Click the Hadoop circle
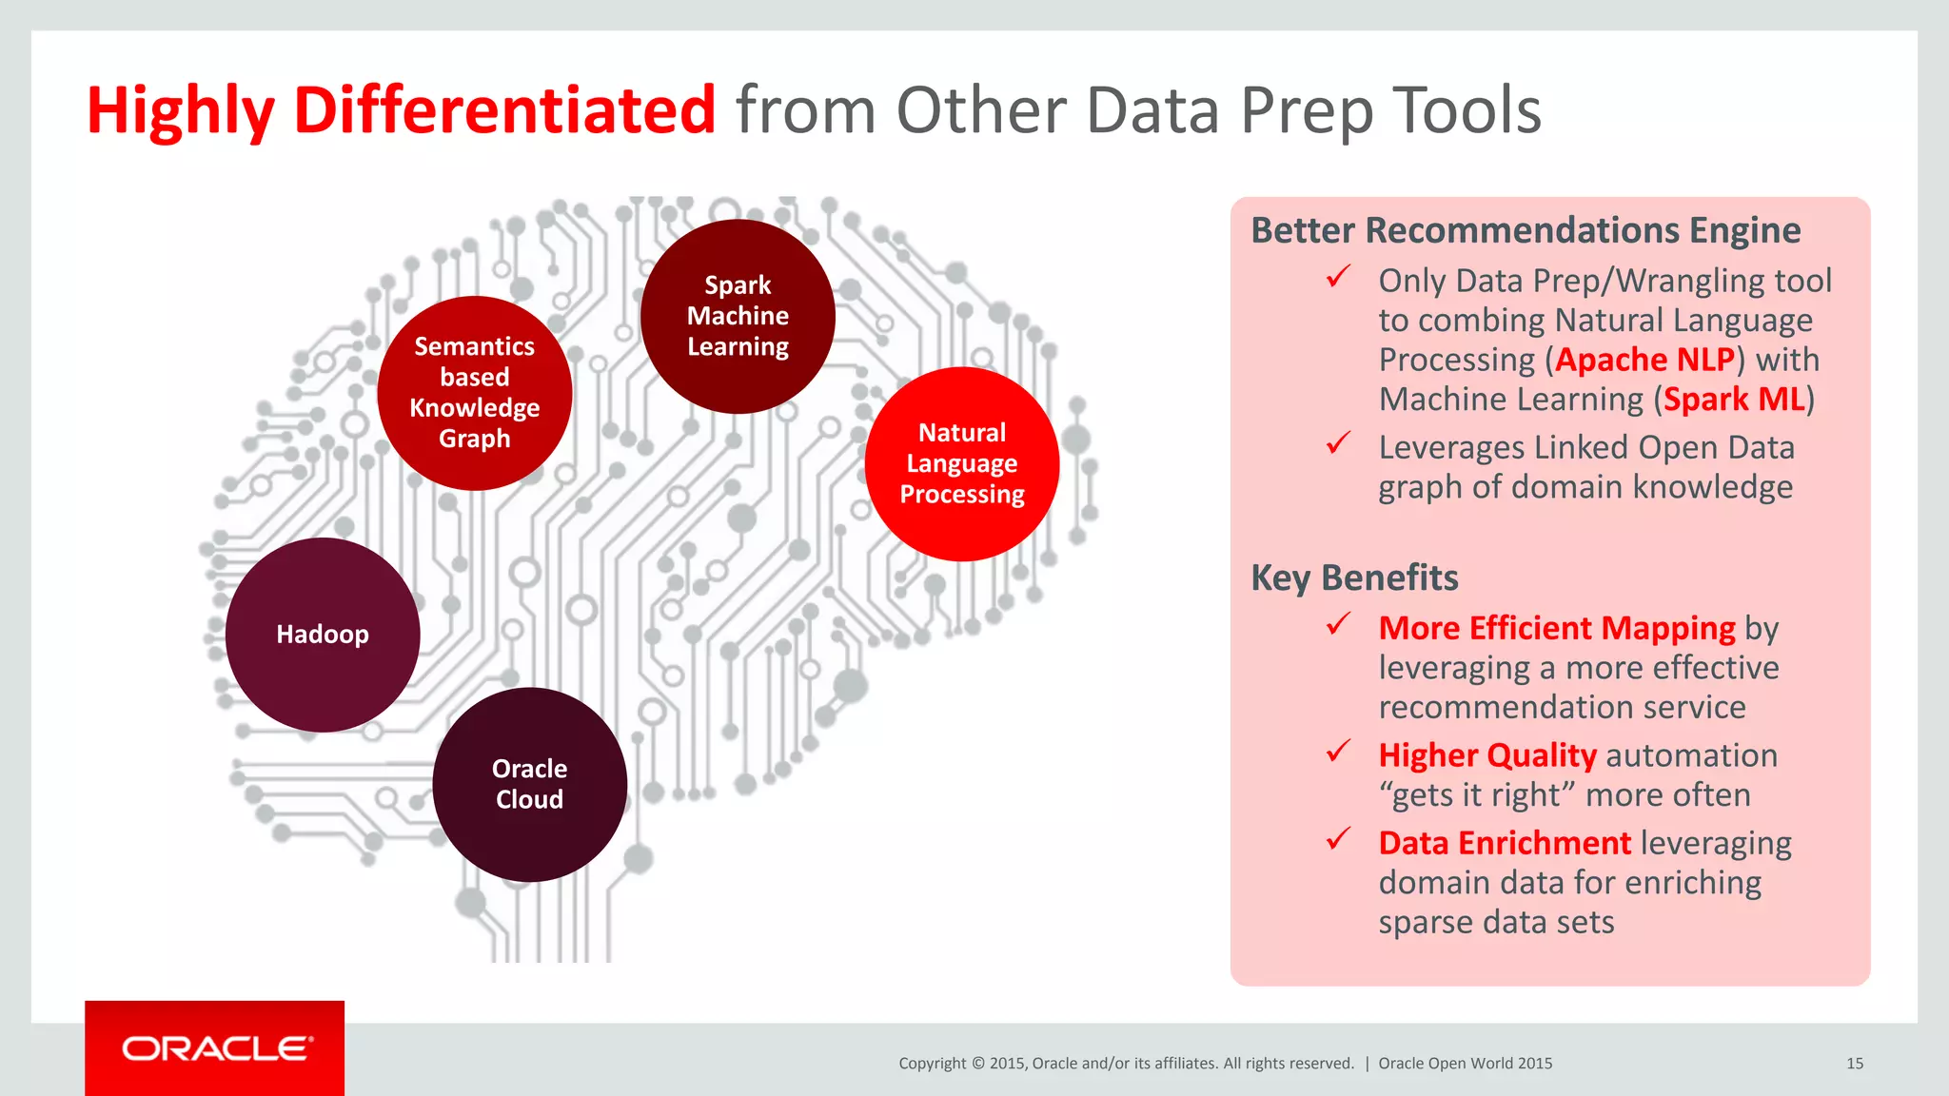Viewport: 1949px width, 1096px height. [x=323, y=635]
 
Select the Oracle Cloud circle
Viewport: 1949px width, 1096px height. [x=530, y=784]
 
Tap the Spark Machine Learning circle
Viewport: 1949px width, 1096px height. [x=738, y=316]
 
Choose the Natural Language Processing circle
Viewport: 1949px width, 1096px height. [x=962, y=463]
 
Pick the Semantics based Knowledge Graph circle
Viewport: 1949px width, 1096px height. [x=475, y=393]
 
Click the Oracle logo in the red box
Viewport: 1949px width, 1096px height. [x=215, y=1048]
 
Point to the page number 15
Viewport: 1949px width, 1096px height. [x=1855, y=1064]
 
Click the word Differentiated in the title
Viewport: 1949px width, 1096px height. [x=504, y=110]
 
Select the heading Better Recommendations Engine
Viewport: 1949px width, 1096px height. [x=1526, y=231]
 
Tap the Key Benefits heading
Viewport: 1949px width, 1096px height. [x=1354, y=578]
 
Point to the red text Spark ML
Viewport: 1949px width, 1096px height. [x=1734, y=400]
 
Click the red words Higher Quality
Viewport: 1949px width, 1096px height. [x=1487, y=755]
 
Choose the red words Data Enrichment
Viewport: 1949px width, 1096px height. [x=1505, y=844]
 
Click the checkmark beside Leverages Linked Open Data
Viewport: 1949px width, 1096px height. [x=1339, y=443]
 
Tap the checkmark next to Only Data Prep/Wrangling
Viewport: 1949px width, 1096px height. [x=1339, y=277]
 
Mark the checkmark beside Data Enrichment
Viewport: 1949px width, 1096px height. [x=1339, y=839]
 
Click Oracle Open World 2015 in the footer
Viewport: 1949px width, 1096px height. [x=1465, y=1064]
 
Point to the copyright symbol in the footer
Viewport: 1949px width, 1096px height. [x=977, y=1064]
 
